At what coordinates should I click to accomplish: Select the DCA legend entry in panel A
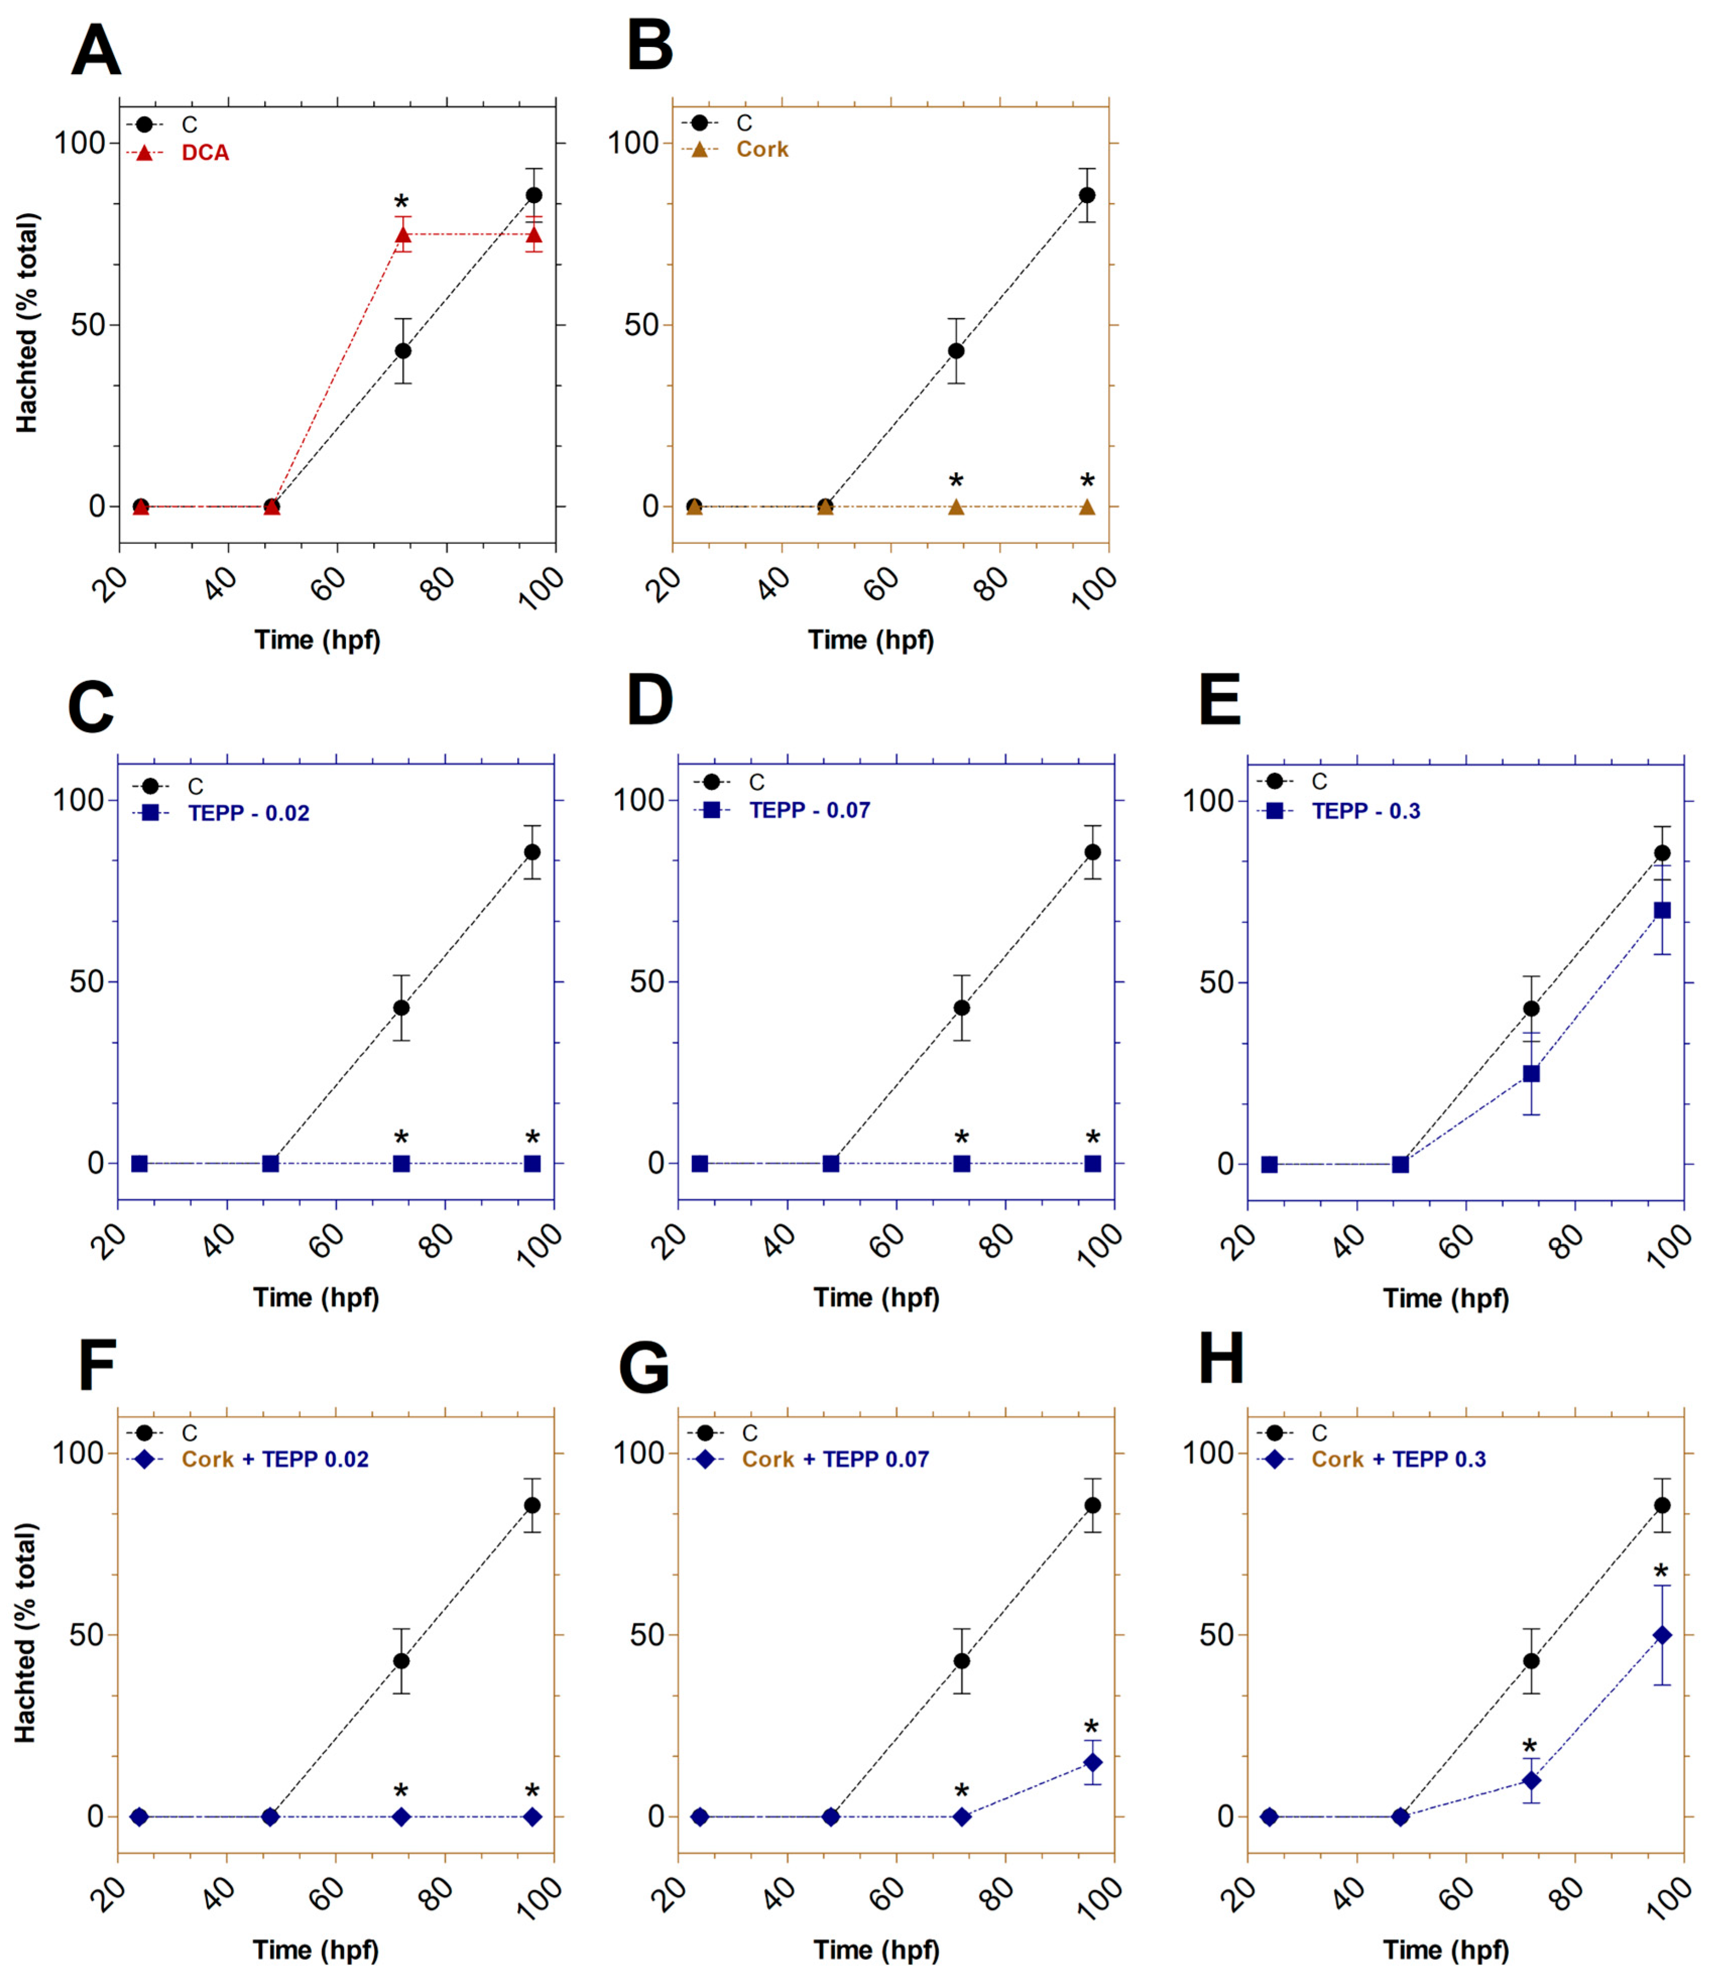pyautogui.click(x=205, y=153)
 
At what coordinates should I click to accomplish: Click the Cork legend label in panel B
pyautogui.click(x=762, y=149)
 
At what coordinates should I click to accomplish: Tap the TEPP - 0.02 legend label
pyautogui.click(x=249, y=813)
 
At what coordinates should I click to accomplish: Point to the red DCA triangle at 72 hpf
pyautogui.click(x=402, y=234)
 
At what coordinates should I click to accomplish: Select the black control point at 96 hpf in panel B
pyautogui.click(x=1087, y=195)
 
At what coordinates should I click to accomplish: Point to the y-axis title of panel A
pyautogui.click(x=27, y=323)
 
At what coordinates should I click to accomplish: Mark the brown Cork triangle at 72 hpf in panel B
pyautogui.click(x=956, y=506)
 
